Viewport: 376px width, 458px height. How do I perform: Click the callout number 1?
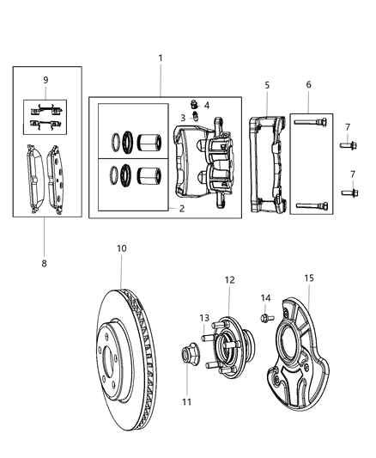coord(160,58)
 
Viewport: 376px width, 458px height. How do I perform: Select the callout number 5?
coord(266,85)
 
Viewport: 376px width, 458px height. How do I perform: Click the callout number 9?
coord(45,80)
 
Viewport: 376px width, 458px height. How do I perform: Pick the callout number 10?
coord(121,248)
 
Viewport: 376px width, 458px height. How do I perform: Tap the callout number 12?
coord(229,279)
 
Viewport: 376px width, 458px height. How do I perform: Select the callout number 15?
coord(310,278)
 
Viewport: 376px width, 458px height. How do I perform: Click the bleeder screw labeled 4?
coord(194,106)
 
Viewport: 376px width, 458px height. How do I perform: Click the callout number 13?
coord(203,318)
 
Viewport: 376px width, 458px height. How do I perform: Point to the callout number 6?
coord(308,85)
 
